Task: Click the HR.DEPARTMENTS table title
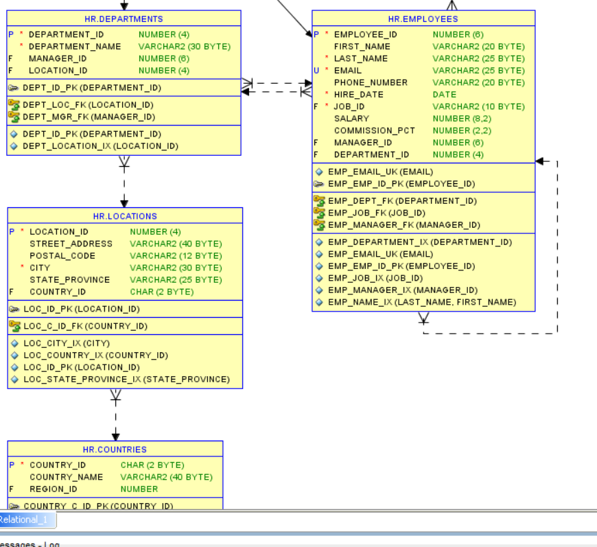[x=124, y=19]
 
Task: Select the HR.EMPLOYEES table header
[x=423, y=19]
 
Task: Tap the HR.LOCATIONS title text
[x=125, y=216]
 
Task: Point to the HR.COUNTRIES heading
[x=115, y=450]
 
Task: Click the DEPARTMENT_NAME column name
[x=75, y=47]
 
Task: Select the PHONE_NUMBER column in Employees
[x=371, y=82]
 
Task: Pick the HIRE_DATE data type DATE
[x=445, y=95]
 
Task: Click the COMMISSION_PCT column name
[x=375, y=130]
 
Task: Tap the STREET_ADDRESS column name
[x=71, y=244]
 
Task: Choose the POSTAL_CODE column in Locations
[x=62, y=256]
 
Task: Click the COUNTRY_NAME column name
[x=66, y=477]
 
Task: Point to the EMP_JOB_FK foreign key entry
[x=377, y=213]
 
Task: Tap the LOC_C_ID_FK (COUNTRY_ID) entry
[x=85, y=326]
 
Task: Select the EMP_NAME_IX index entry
[x=421, y=302]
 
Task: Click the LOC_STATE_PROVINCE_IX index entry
[x=126, y=380]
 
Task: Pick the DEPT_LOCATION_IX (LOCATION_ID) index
[x=100, y=146]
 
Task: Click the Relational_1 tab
[x=24, y=520]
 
